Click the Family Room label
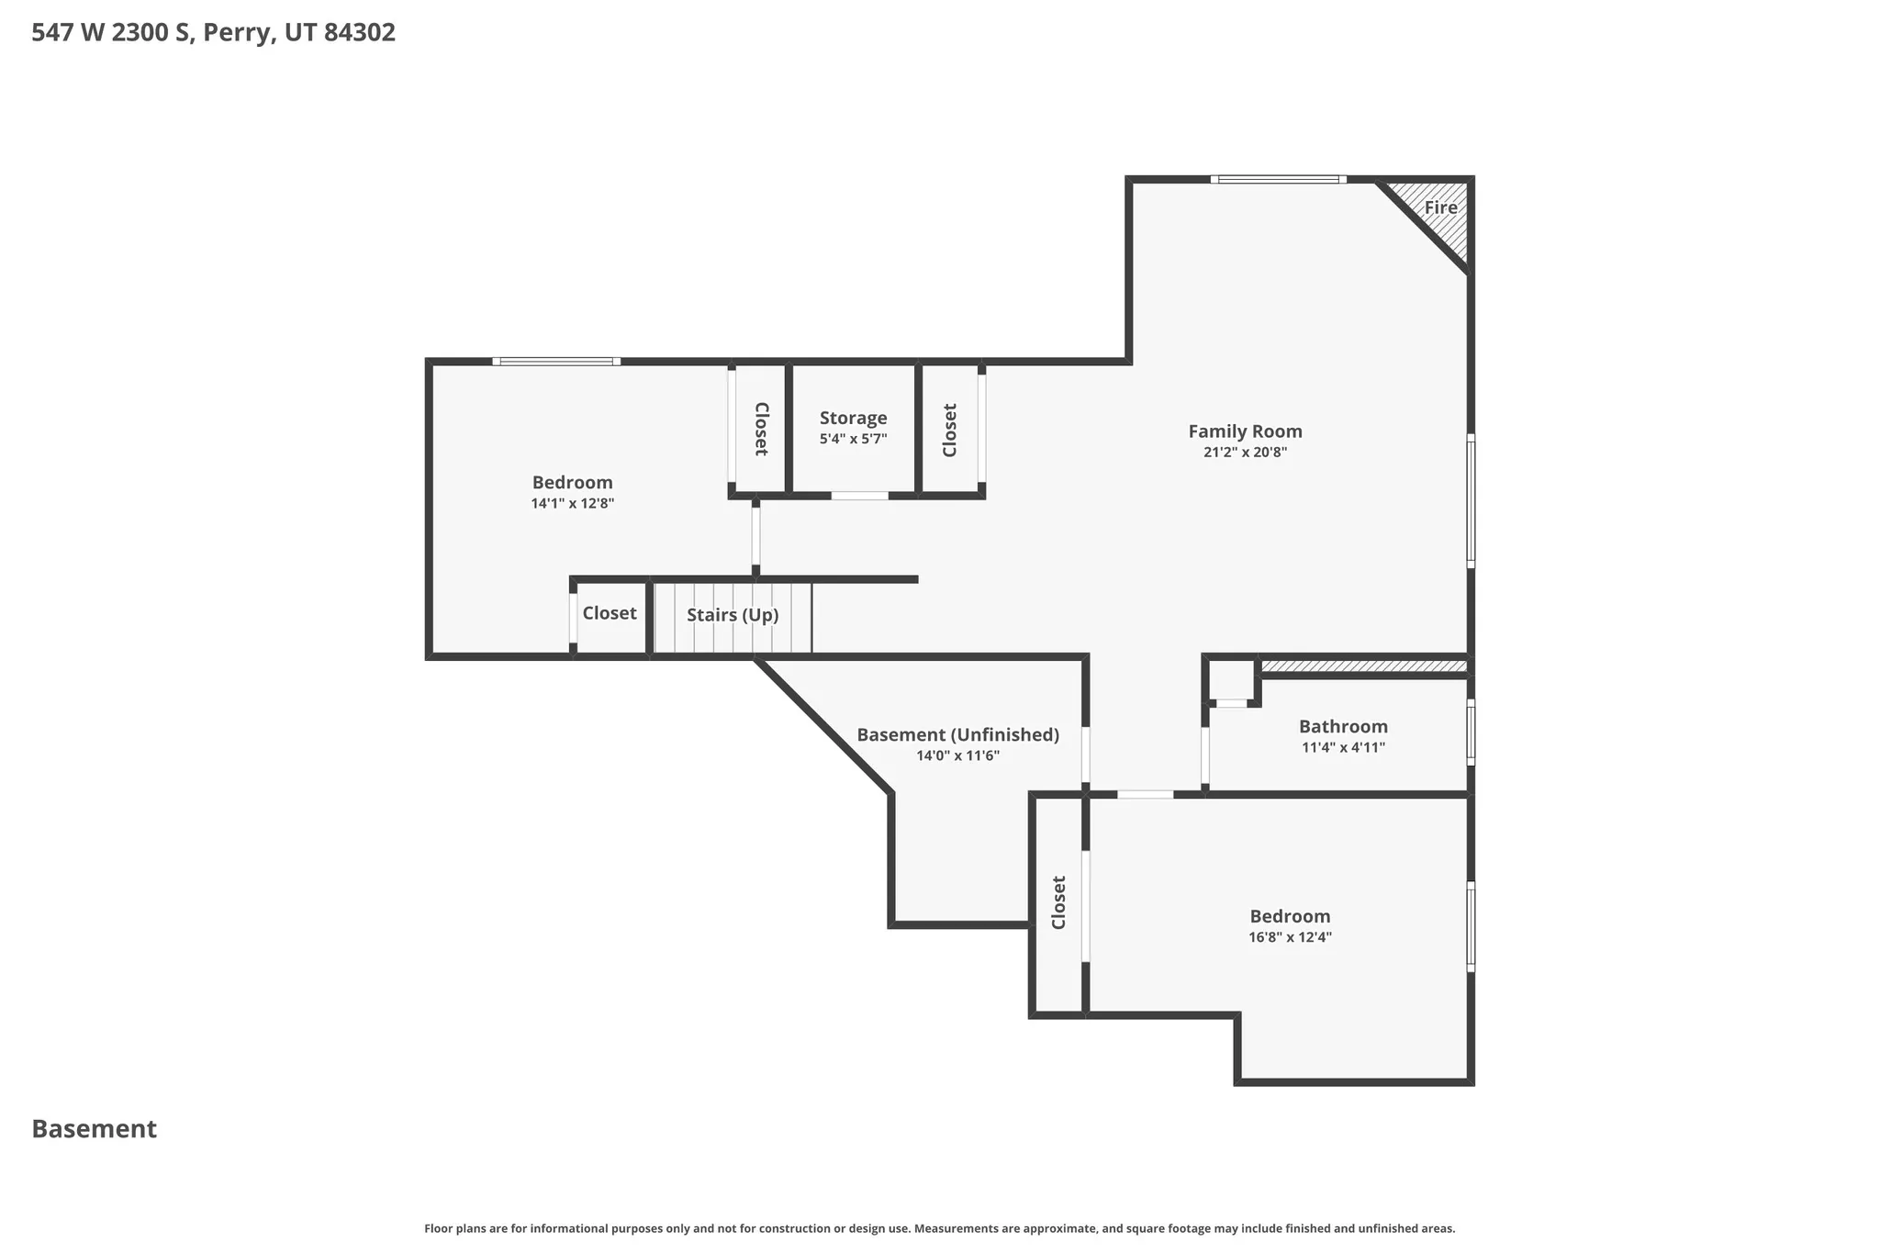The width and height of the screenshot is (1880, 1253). (x=1245, y=431)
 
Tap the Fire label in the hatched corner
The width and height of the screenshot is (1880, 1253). (x=1440, y=207)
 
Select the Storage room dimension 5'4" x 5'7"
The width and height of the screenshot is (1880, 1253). (x=853, y=440)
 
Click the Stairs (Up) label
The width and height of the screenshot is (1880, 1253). (x=733, y=615)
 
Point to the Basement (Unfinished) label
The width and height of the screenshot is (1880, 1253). (x=957, y=735)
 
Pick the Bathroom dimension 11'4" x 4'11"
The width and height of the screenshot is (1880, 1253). (x=1343, y=748)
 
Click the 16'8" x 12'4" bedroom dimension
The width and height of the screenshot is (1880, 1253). (x=1290, y=938)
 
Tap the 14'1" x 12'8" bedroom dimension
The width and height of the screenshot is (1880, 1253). (x=572, y=504)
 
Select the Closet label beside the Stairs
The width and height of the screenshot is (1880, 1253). (x=610, y=613)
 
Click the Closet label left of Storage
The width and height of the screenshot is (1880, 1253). (x=760, y=429)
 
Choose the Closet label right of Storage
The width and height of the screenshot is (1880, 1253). (x=950, y=430)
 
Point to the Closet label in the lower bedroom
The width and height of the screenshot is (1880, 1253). (x=1058, y=902)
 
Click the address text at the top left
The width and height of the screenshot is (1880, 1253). (x=213, y=33)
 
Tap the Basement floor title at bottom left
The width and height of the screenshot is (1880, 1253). (x=94, y=1129)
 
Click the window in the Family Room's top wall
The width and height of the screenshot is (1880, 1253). (x=1278, y=180)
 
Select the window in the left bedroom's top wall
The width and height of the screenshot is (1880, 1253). (x=556, y=362)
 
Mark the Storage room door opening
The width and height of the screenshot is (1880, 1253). (x=859, y=496)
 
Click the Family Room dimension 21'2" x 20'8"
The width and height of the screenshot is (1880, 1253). (x=1245, y=453)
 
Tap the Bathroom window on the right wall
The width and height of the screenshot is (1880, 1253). (x=1470, y=733)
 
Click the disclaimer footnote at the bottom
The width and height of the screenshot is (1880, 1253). (x=939, y=1228)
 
